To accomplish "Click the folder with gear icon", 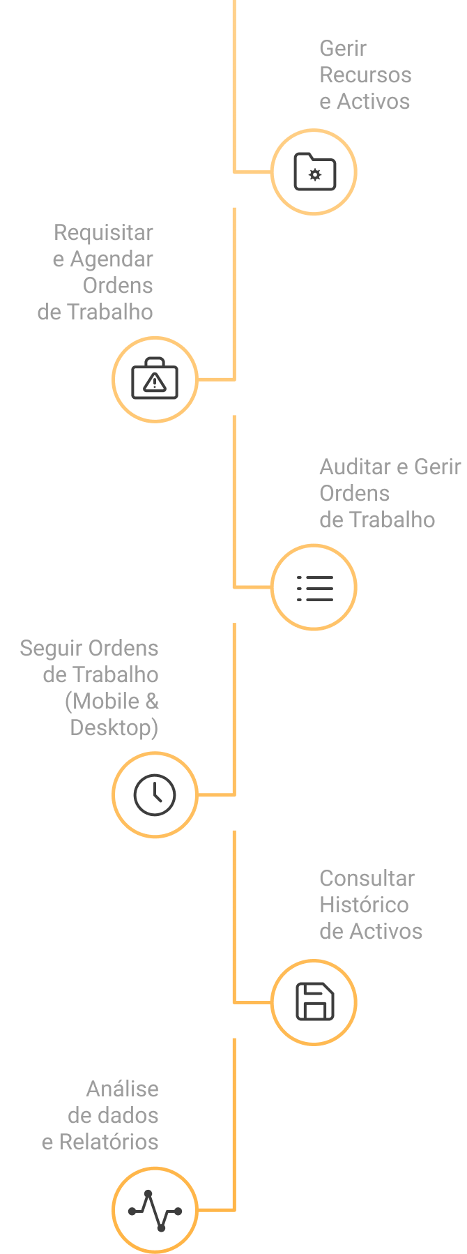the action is pos(314,172).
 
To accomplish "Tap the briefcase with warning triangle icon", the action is pos(155,379).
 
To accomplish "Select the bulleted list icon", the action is pos(314,588).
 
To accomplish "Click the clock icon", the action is pos(155,794).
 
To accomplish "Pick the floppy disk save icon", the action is pos(314,1002).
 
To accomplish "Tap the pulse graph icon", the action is pos(155,1210).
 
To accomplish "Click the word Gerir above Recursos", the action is pos(342,49).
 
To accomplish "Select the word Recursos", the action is pos(365,75).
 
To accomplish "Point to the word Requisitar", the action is pos(103,232).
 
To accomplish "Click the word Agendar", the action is pos(112,259).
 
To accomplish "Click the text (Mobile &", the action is pos(112,701).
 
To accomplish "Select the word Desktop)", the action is pos(114,728).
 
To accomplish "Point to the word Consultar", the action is pos(367,879).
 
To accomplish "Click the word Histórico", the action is pos(364,905).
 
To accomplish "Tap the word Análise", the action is pos(122,1089).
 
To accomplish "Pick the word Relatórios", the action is pos(109,1142).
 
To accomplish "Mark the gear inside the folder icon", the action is pos(315,174).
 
